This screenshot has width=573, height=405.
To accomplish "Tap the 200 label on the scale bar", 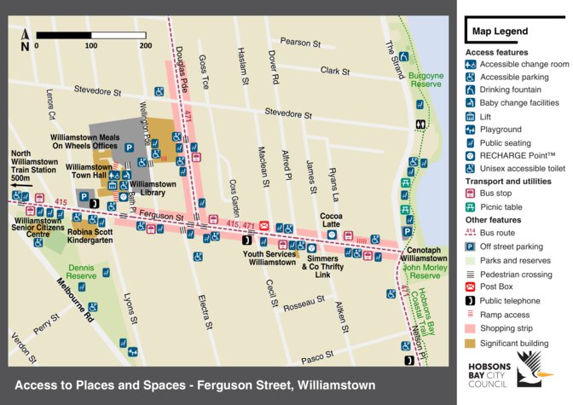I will point(145,46).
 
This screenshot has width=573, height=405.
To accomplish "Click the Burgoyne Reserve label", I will point(425,80).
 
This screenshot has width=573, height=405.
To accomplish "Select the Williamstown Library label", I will point(153,188).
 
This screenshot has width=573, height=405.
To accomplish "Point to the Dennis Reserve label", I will point(83,273).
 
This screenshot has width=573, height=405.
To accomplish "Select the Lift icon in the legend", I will point(470,116).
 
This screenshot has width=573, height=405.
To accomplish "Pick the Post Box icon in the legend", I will point(470,288).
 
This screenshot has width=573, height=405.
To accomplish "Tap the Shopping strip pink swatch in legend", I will point(470,328).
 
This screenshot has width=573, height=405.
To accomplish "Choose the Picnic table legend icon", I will point(470,207).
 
